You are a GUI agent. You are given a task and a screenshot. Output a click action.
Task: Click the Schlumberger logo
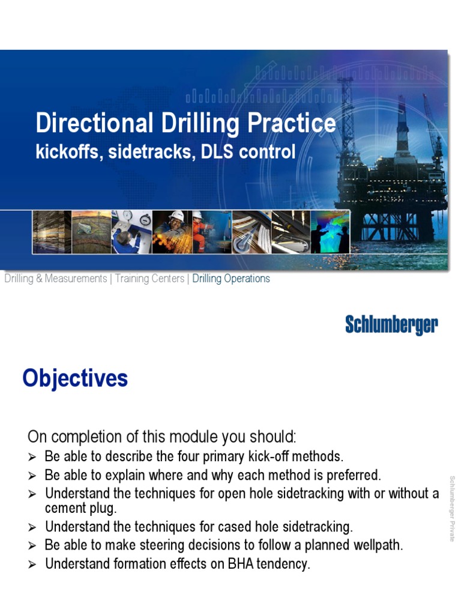391,325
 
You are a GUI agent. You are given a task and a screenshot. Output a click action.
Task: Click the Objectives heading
75,379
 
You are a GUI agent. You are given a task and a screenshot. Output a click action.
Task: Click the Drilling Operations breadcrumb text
231,279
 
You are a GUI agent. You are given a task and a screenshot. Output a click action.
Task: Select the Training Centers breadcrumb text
149,279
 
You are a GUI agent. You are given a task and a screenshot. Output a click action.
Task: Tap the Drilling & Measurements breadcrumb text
55,279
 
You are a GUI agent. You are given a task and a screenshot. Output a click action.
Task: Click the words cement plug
81,508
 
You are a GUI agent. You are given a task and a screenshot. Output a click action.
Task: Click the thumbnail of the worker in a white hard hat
172,231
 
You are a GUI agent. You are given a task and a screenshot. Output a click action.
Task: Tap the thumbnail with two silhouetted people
330,231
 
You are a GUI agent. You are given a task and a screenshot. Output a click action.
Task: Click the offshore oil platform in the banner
393,174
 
